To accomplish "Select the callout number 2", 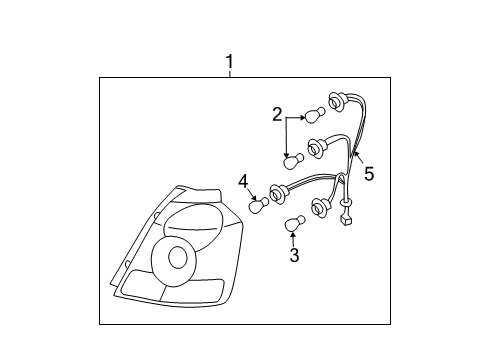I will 277,116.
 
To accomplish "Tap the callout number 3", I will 294,255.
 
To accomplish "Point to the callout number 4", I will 242,180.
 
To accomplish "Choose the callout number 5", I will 369,174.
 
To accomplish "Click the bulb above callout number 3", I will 294,223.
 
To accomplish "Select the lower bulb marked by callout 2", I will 293,159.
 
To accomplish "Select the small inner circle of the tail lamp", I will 177,257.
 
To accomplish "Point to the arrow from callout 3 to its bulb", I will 294,240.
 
